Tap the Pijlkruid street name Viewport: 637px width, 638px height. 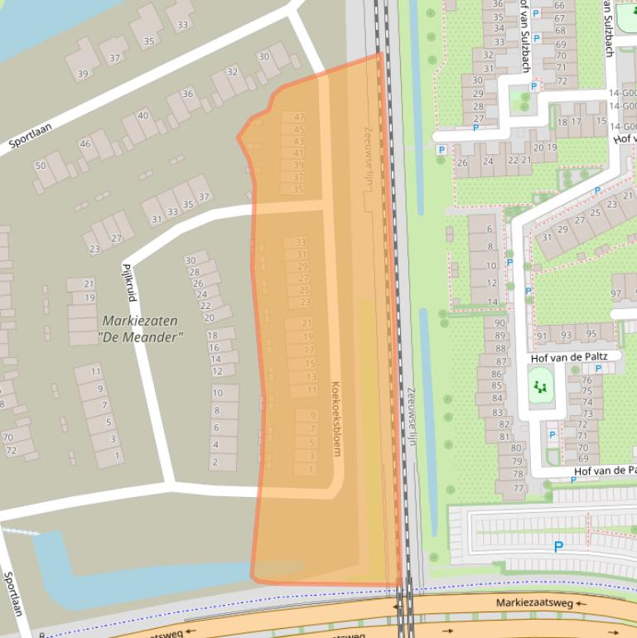(128, 283)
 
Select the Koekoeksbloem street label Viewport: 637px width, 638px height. (336, 418)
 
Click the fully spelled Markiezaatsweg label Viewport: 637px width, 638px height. (533, 603)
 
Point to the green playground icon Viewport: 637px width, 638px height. (540, 387)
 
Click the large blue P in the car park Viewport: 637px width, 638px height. (558, 547)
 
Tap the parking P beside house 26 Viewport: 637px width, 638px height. (442, 150)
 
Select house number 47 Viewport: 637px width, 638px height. (298, 118)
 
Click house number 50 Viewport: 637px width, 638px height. (40, 166)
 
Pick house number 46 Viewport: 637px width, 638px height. (84, 144)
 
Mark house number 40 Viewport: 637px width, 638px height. (142, 116)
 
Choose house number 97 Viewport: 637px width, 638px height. (615, 294)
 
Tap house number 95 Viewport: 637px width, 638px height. (591, 335)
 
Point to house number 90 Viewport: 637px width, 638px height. (499, 324)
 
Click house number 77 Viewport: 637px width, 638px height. (519, 488)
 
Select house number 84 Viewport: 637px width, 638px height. (496, 399)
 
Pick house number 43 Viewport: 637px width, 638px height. (298, 142)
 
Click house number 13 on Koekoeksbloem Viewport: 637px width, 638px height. (311, 377)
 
